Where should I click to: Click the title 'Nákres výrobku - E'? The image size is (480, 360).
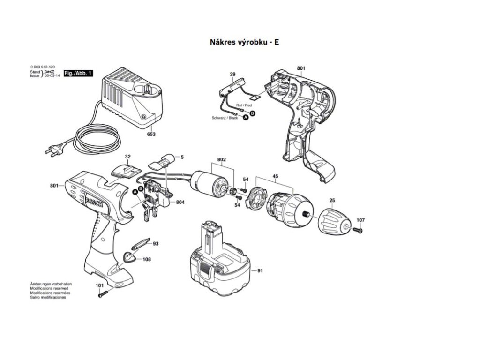pos(244,42)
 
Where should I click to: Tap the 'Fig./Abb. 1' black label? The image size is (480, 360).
pos(78,73)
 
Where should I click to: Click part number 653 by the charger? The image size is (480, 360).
pos(151,134)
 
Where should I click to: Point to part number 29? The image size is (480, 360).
pos(232,74)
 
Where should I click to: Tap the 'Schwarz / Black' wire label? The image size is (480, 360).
pos(225,118)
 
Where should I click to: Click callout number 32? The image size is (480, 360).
pos(127,157)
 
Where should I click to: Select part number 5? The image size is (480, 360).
pos(182,157)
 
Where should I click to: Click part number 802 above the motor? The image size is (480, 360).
pos(222,160)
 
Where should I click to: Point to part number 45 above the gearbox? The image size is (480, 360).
pos(276,177)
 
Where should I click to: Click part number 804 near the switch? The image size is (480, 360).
pos(180,202)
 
